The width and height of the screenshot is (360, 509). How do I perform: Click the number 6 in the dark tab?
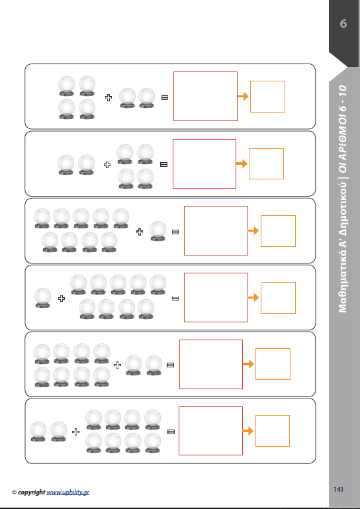[x=343, y=24]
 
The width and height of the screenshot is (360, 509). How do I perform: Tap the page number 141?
[x=338, y=489]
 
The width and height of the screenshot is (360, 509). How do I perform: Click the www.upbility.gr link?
[x=68, y=492]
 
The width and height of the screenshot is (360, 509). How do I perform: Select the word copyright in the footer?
[x=32, y=492]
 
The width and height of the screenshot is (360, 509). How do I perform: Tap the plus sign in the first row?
[x=109, y=97]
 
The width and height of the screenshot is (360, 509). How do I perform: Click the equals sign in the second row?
[x=164, y=165]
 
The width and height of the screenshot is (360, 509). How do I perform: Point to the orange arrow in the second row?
[x=242, y=163]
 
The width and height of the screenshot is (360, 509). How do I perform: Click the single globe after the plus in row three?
[x=157, y=231]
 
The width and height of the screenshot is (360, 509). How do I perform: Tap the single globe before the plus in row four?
[x=42, y=298]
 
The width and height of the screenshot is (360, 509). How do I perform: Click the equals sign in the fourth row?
[x=175, y=299]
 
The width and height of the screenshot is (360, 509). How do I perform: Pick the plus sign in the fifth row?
[x=118, y=365]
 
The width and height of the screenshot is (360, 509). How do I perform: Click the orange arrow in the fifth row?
[x=248, y=364]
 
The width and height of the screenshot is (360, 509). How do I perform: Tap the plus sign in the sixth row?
[x=75, y=432]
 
